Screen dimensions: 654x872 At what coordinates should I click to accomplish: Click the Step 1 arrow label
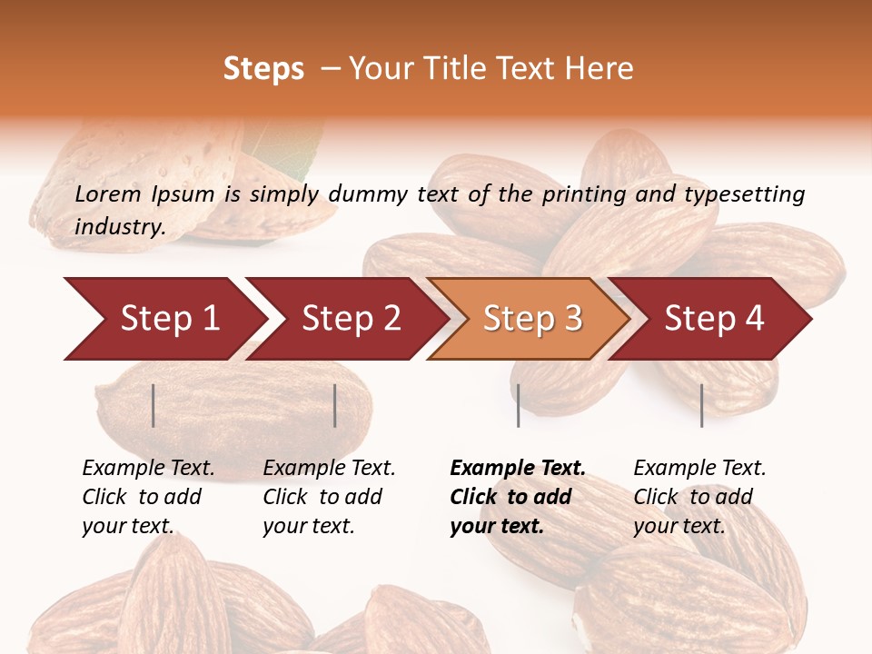170,319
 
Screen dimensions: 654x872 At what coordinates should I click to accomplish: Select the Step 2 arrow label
352,319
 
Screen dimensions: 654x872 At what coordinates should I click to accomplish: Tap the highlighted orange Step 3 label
533,319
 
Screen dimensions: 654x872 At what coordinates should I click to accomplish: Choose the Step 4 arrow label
714,319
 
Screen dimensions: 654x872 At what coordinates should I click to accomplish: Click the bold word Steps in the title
263,69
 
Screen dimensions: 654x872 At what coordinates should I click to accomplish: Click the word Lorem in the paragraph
107,193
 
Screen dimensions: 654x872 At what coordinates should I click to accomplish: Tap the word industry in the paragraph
119,227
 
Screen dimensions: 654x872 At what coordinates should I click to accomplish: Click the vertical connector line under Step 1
154,405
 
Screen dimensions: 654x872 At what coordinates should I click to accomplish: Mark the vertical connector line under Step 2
335,405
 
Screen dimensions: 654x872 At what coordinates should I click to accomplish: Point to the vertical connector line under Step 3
518,405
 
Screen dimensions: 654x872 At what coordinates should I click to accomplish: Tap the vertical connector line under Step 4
701,405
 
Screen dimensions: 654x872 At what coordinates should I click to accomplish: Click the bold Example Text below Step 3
518,469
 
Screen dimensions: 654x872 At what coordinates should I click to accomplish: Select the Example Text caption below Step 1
148,469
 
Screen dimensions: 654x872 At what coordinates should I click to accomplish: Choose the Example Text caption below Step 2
329,469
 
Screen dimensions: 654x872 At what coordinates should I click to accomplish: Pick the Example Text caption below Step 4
699,469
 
